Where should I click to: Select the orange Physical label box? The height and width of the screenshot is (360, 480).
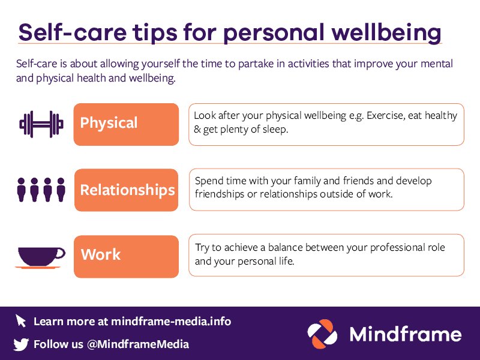click(126, 124)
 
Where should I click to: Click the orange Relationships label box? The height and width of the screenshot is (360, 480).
click(127, 190)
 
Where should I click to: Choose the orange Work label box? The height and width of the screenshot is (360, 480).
click(126, 256)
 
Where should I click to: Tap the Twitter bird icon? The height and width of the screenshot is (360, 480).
click(21, 344)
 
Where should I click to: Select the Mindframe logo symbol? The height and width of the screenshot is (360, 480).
click(324, 334)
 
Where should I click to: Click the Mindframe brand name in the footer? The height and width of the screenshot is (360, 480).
click(406, 334)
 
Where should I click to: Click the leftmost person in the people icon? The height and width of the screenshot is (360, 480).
click(22, 190)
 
